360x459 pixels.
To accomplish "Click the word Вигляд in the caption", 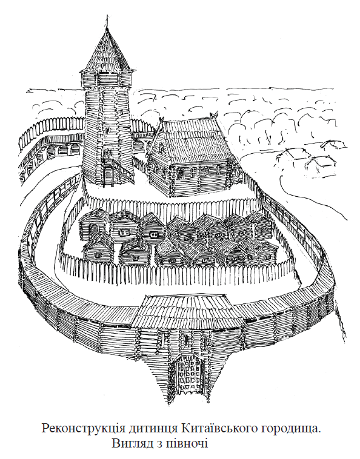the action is point(133,443).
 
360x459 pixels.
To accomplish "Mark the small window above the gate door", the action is point(185,339).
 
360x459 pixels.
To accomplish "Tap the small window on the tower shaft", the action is point(107,129).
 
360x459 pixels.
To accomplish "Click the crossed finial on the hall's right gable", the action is point(216,114).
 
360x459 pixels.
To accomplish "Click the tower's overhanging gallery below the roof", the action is point(107,79).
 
